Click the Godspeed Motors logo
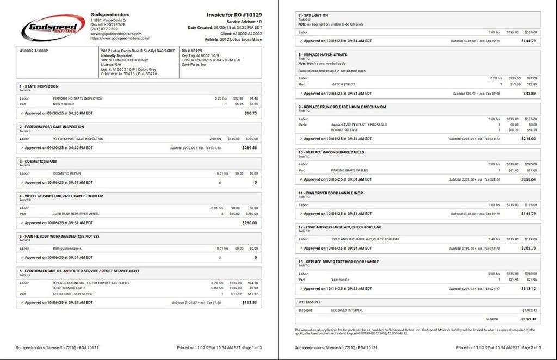(53, 27)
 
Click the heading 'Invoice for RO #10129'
(234, 15)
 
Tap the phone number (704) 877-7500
(104, 29)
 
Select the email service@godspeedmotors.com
(116, 34)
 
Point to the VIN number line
(125, 60)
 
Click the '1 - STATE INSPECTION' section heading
(39, 86)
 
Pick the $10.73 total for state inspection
(251, 113)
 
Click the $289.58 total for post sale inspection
(250, 147)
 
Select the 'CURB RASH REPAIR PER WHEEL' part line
(76, 214)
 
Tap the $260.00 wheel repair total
(250, 222)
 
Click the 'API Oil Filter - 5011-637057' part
(72, 294)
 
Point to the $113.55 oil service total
(250, 302)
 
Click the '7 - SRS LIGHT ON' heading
(313, 15)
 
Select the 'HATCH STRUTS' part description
(343, 84)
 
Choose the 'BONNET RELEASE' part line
(344, 130)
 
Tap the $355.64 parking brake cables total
(528, 179)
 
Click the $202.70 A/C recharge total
(528, 248)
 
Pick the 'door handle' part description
(340, 280)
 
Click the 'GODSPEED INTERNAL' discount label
(346, 310)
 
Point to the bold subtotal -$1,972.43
(528, 319)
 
